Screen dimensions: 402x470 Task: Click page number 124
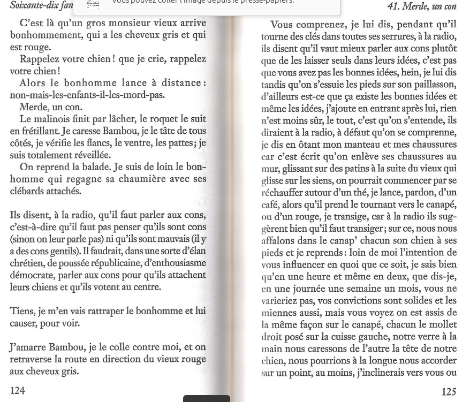click(x=17, y=391)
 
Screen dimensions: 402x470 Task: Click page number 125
click(x=449, y=392)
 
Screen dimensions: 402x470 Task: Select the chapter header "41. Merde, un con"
click(x=422, y=6)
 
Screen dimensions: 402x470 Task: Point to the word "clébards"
click(x=27, y=191)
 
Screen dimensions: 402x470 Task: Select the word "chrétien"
click(x=26, y=263)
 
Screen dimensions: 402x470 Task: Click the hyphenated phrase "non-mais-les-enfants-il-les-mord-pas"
click(x=87, y=95)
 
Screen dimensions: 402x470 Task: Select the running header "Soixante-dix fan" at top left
click(x=42, y=5)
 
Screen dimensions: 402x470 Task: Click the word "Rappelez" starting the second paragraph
click(x=43, y=59)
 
